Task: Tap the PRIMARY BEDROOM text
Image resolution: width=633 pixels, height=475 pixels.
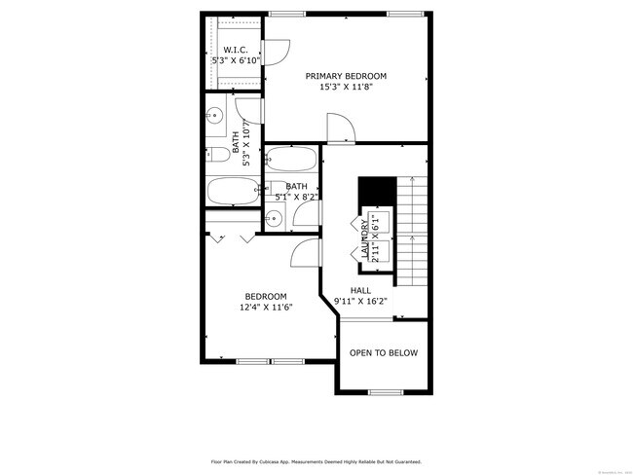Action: [x=346, y=76]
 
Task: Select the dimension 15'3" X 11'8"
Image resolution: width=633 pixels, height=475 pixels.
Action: [x=346, y=87]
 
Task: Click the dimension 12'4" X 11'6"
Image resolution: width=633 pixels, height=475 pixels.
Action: [x=266, y=307]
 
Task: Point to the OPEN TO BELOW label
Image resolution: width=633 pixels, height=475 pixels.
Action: [x=384, y=353]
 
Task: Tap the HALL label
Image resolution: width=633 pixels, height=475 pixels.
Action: [x=360, y=290]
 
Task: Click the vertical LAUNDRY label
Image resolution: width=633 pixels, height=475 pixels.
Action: [x=365, y=239]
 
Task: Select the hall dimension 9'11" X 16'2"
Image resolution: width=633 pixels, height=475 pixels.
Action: [x=360, y=301]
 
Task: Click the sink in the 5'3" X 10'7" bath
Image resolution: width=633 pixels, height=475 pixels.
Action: [x=214, y=115]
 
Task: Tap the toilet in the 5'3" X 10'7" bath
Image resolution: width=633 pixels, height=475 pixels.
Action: [x=211, y=154]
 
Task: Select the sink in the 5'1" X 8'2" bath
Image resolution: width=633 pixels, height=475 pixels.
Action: [x=275, y=219]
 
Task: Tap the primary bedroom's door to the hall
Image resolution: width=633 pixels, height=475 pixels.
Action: [x=338, y=127]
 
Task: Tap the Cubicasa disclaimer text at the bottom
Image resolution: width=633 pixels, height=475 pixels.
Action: [x=316, y=462]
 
